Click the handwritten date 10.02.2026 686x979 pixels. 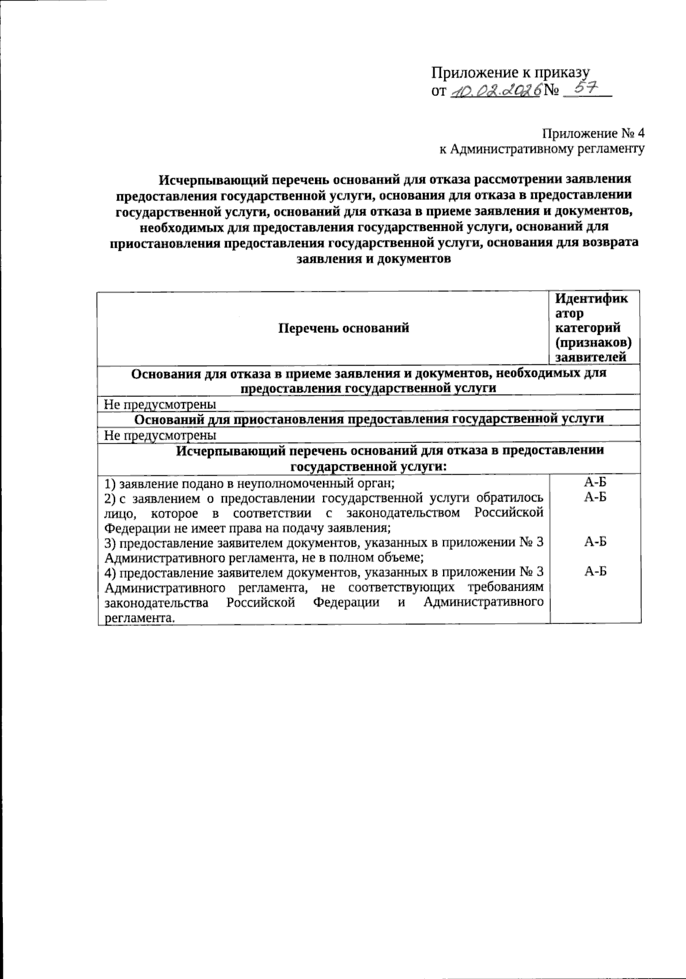click(x=495, y=91)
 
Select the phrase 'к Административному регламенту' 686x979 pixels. click(x=541, y=149)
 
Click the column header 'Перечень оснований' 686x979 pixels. click(x=344, y=328)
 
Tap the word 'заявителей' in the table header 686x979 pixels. click(x=591, y=358)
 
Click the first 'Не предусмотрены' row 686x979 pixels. click(x=160, y=404)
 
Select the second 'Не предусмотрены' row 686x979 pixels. click(x=160, y=435)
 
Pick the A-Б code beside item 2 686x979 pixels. click(x=595, y=496)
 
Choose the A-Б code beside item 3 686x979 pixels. click(x=595, y=542)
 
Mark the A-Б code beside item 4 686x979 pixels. click(x=595, y=572)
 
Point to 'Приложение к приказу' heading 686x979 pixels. click(x=510, y=73)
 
